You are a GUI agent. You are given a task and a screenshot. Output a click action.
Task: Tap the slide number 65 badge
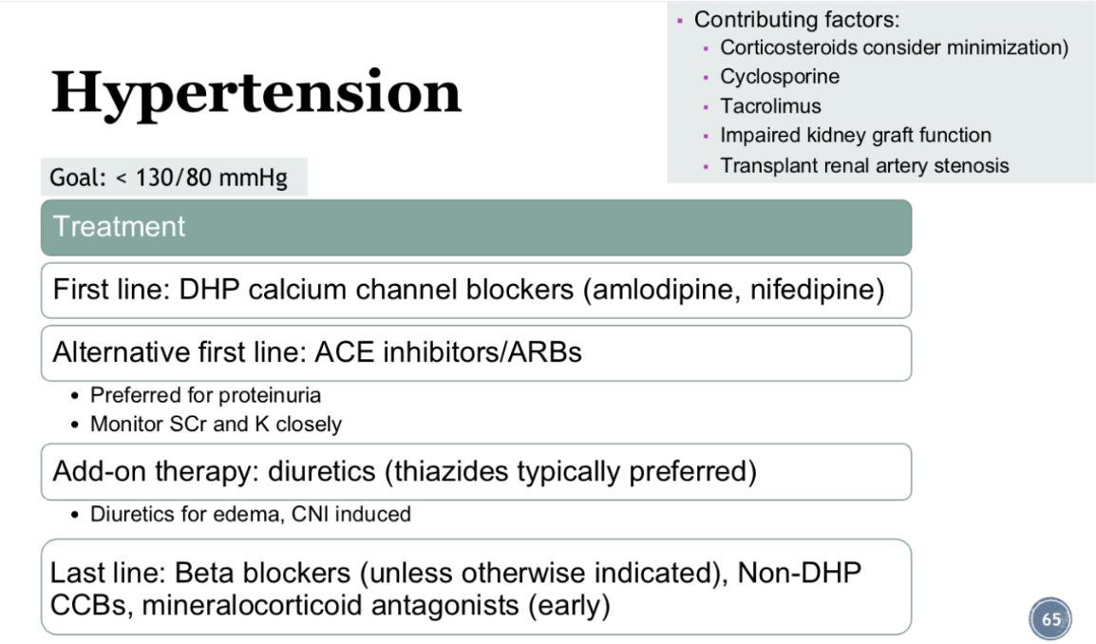tap(1049, 618)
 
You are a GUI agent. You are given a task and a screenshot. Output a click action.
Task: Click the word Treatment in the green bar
tap(119, 227)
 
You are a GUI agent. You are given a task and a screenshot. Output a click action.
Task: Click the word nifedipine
tap(812, 291)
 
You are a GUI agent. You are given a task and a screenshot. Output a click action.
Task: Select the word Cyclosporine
tap(780, 77)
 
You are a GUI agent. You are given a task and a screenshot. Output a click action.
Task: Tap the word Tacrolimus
tap(770, 106)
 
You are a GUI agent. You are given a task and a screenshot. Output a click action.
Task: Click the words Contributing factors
tap(797, 20)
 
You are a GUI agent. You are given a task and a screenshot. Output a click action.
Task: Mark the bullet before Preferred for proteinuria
tap(75, 396)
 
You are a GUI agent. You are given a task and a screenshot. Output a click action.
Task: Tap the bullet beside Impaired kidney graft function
tap(706, 137)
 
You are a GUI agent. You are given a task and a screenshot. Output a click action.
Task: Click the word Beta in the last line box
tap(202, 574)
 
